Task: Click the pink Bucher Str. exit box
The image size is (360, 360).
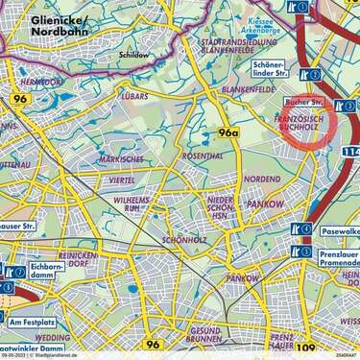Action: click(306, 101)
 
